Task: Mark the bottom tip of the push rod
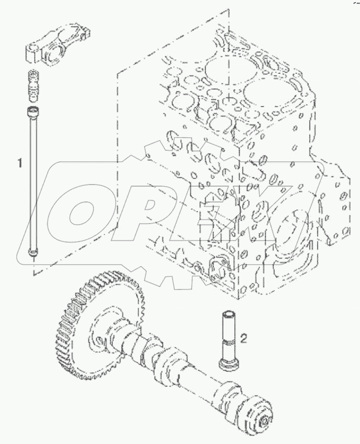click(x=33, y=255)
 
